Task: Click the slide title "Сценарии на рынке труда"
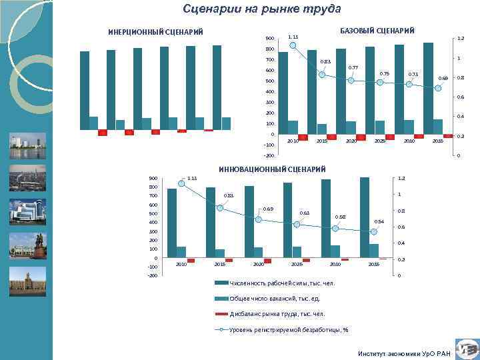pos(261,9)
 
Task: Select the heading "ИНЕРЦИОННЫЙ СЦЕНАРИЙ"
pos(155,31)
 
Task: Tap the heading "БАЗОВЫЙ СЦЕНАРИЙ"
pos(377,31)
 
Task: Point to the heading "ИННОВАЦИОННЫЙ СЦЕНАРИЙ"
pos(272,170)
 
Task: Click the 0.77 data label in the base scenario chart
pos(354,67)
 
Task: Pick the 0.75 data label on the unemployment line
pos(384,73)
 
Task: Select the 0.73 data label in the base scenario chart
pos(413,74)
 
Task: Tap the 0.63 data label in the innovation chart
pos(304,213)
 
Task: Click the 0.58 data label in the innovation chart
pos(340,217)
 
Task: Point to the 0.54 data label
pos(379,221)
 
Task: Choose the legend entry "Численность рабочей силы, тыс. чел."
pos(281,284)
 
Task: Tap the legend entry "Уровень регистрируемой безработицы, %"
pos(289,329)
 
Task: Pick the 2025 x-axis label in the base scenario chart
pos(380,141)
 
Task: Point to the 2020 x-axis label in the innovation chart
pos(259,265)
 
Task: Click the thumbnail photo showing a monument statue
pos(27,245)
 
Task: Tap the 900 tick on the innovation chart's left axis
pos(153,178)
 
